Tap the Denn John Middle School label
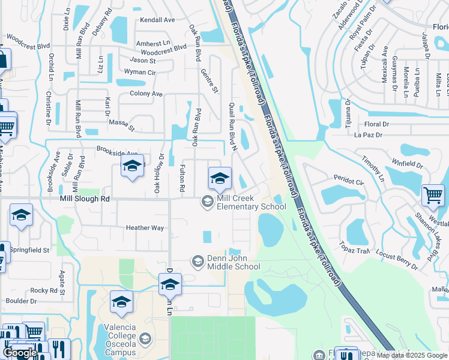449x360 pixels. pos(233,262)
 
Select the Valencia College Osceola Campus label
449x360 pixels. pos(118,344)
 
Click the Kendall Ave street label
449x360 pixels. pos(157,20)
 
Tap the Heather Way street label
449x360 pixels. pos(145,228)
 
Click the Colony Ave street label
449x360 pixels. pos(146,94)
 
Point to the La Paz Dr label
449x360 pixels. pos(369,135)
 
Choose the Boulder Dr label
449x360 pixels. pos(22,301)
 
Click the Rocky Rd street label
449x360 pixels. pos(43,290)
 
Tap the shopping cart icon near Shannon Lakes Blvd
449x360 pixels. pos(433,194)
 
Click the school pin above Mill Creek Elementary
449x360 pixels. pos(220,178)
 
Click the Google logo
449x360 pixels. pos(19,353)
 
